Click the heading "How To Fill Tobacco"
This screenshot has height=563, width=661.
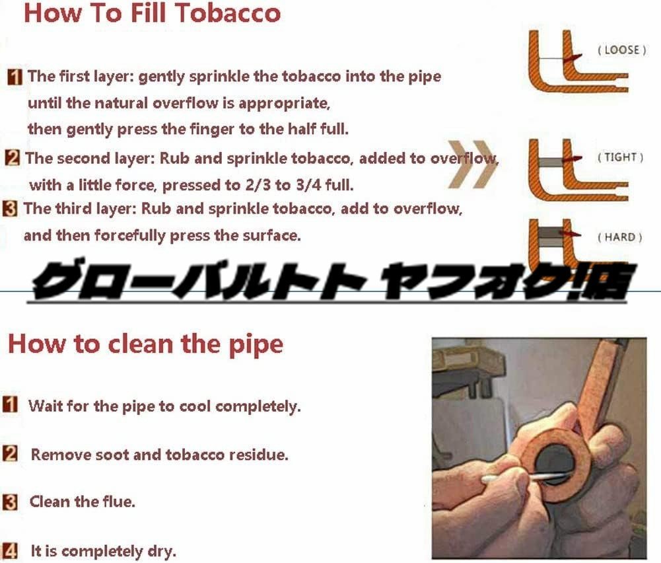pyautogui.click(x=152, y=13)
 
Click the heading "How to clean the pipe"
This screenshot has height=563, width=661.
pyautogui.click(x=145, y=344)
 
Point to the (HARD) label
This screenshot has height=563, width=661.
pyautogui.click(x=619, y=237)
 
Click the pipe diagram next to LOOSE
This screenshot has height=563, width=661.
pyautogui.click(x=578, y=61)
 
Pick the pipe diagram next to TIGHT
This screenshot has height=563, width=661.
pyautogui.click(x=578, y=170)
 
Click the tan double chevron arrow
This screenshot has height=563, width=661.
pyautogui.click(x=473, y=164)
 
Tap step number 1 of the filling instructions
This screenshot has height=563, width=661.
pyautogui.click(x=15, y=77)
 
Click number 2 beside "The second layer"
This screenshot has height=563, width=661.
pyautogui.click(x=13, y=158)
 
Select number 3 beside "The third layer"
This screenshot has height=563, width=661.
pyautogui.click(x=10, y=209)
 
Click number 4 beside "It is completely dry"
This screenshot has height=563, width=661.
pyautogui.click(x=10, y=550)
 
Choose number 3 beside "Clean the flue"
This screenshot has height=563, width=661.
pyautogui.click(x=10, y=502)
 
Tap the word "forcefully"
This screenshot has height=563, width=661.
pyautogui.click(x=129, y=236)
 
